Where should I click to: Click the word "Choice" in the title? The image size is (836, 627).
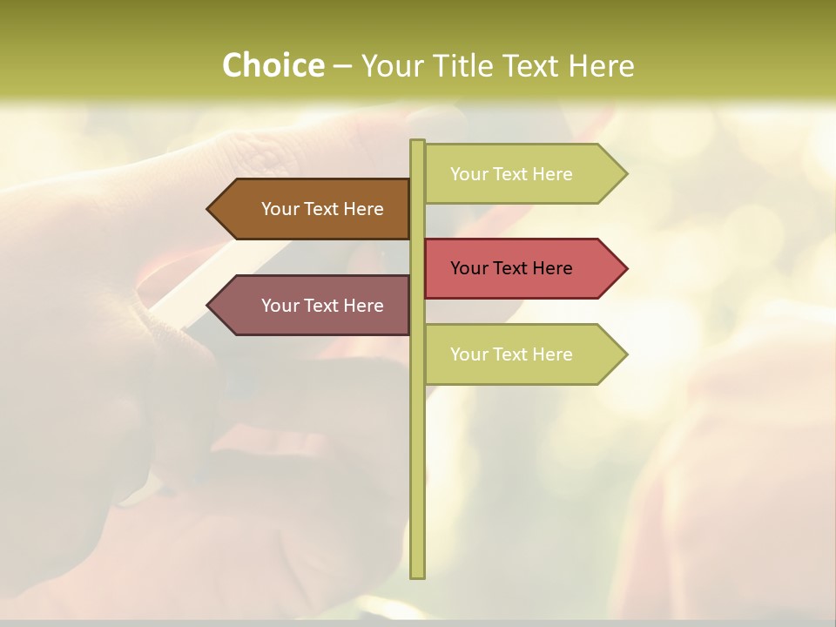[273, 66]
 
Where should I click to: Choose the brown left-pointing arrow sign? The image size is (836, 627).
[309, 209]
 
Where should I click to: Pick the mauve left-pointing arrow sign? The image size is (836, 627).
[309, 306]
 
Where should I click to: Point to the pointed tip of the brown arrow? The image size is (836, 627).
[209, 209]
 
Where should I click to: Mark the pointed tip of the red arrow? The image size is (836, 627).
[625, 268]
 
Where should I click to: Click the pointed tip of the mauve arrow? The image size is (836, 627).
[209, 306]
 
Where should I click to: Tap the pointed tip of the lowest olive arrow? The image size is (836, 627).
[625, 354]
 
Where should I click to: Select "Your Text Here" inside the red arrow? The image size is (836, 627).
[511, 268]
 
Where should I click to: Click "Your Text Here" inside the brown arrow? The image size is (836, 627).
[322, 209]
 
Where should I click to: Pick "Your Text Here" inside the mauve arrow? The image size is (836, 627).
[322, 306]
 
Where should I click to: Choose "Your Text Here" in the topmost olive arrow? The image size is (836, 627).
[511, 174]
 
